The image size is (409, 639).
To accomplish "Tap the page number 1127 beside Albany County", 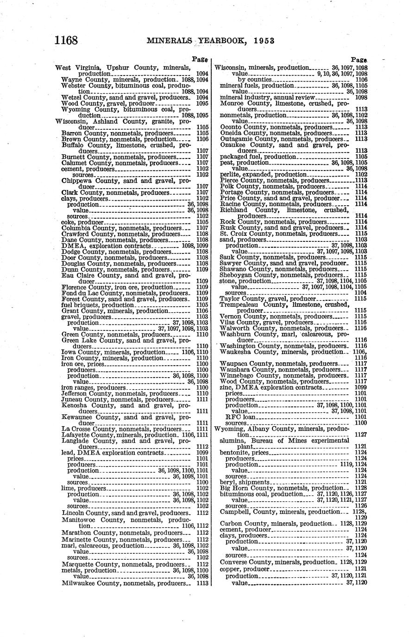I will coord(361,435).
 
